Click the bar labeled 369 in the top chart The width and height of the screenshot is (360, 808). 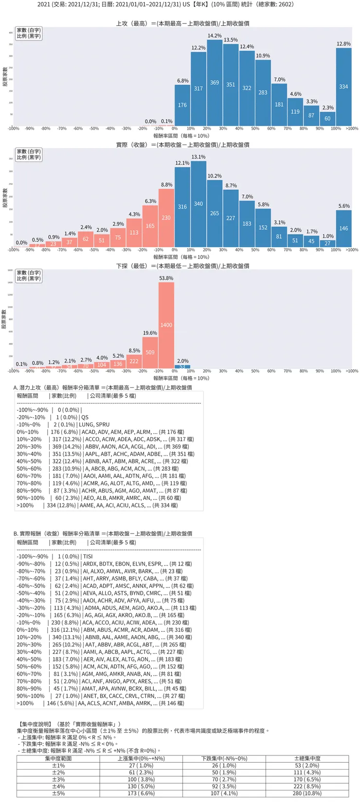click(x=215, y=83)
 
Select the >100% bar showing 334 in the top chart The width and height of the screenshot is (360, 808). click(x=343, y=87)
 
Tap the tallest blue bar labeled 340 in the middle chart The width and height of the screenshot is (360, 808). click(x=198, y=204)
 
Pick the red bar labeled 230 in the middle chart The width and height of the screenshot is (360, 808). click(x=166, y=218)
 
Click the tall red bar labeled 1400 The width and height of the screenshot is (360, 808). click(x=166, y=325)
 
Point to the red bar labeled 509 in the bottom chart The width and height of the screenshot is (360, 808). click(x=150, y=352)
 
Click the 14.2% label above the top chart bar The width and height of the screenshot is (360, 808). click(x=215, y=36)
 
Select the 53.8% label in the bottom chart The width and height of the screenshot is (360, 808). click(x=166, y=278)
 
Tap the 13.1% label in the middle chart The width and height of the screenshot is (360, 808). click(x=198, y=157)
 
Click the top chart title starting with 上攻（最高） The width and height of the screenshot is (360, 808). click(x=183, y=23)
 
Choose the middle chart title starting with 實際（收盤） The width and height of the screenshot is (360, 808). click(x=183, y=145)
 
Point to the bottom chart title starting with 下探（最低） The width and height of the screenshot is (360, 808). click(x=183, y=266)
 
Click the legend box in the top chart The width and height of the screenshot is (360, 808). click(x=29, y=33)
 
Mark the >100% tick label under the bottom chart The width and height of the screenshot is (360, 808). click(x=352, y=371)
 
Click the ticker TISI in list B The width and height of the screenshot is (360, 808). click(x=88, y=556)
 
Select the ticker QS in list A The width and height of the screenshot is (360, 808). click(x=85, y=417)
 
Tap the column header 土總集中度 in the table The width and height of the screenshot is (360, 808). click(x=307, y=758)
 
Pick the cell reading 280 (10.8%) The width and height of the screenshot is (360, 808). click(x=307, y=793)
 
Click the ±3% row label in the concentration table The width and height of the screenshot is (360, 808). click(x=58, y=779)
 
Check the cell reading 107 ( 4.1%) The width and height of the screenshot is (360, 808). click(x=224, y=793)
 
